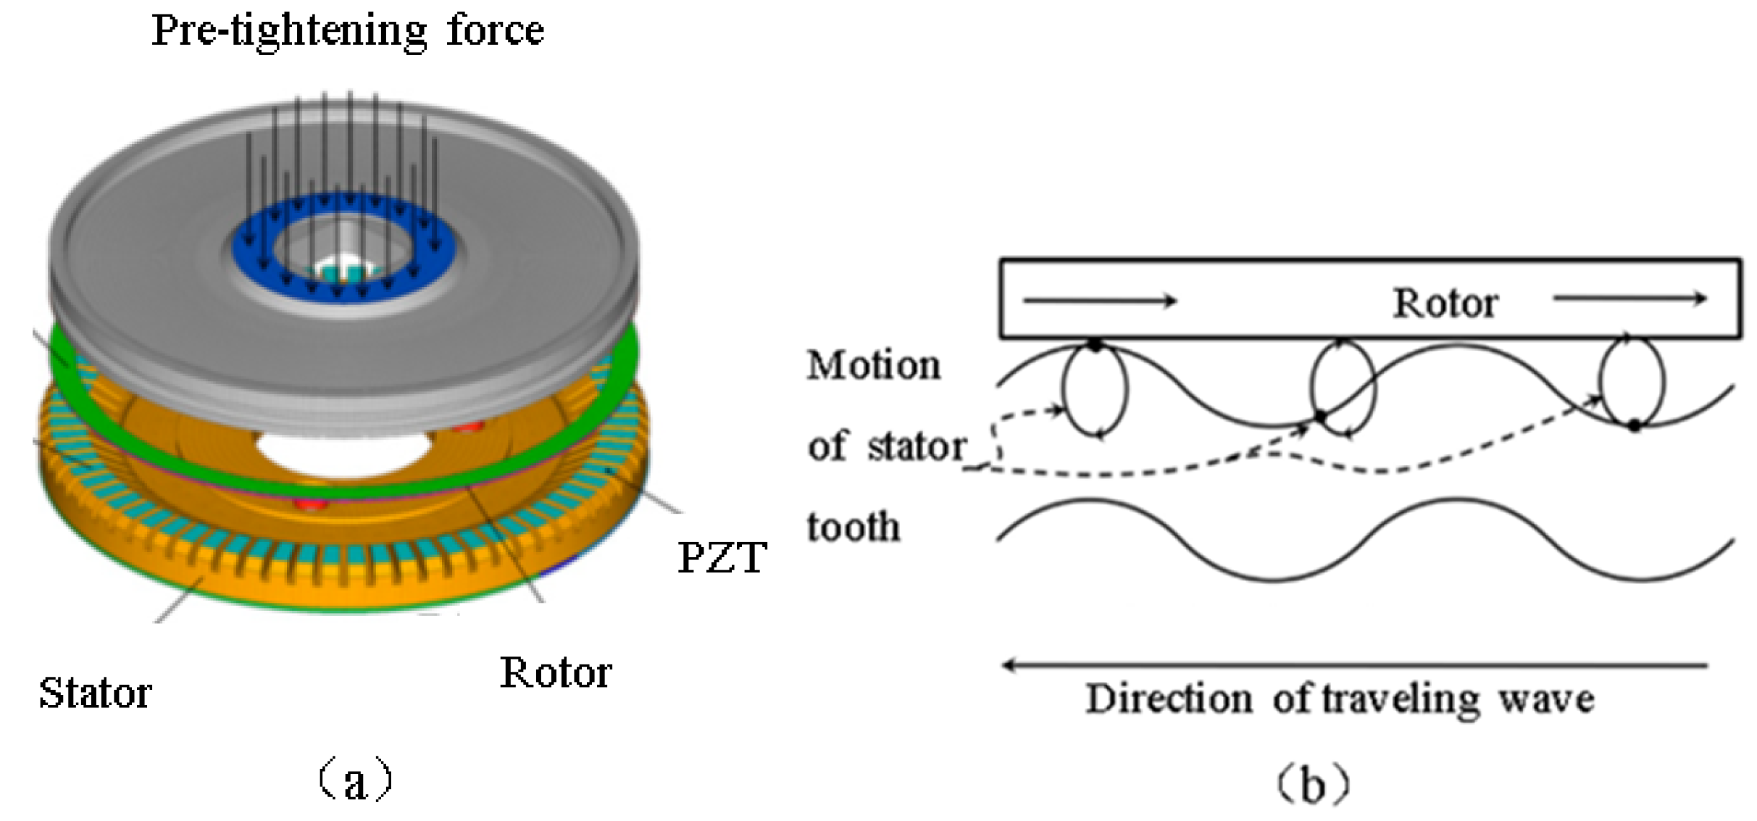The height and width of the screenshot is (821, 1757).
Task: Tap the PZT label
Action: [x=722, y=558]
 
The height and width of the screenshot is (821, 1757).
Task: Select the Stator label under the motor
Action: [x=95, y=693]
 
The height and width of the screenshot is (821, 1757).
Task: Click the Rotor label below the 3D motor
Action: [x=556, y=673]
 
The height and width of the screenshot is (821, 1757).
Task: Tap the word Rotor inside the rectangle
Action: [x=1445, y=303]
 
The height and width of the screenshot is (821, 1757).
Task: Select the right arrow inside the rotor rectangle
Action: [x=1630, y=298]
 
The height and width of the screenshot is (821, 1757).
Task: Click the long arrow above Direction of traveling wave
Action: [x=1355, y=664]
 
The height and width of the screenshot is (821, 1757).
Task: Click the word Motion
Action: [x=874, y=365]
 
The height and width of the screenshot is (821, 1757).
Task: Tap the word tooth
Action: [x=854, y=527]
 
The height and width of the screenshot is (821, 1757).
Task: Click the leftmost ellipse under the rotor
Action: [x=1095, y=390]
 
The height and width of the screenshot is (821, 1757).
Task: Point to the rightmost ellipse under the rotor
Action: [x=1632, y=383]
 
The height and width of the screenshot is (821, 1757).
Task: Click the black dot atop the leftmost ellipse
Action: [x=1095, y=346]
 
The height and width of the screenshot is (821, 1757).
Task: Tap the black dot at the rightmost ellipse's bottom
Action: [x=1635, y=425]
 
